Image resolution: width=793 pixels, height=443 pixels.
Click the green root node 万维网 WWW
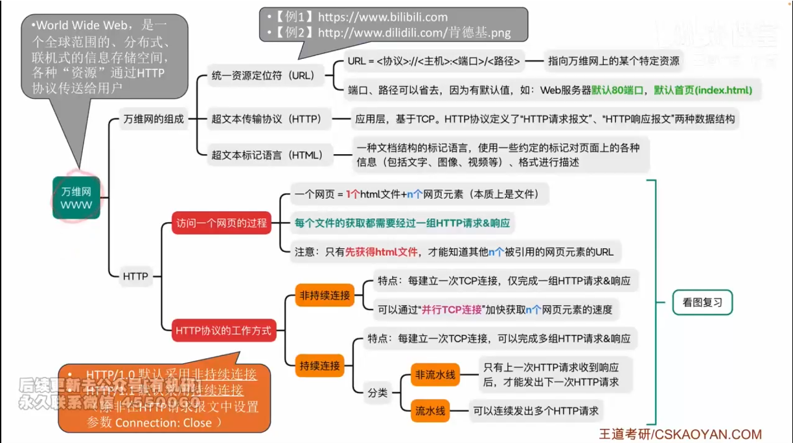[x=76, y=198]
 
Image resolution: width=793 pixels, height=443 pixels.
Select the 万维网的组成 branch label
[x=154, y=119]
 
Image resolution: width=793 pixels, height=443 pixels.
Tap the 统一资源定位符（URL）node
[x=262, y=76]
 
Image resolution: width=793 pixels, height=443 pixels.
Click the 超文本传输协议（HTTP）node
[x=266, y=119]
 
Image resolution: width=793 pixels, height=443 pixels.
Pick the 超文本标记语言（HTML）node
[x=267, y=155]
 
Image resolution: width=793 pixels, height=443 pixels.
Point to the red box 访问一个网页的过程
[x=222, y=223]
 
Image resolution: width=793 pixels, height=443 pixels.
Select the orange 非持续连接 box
[x=325, y=295]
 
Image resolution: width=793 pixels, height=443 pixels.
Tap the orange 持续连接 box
[x=319, y=365]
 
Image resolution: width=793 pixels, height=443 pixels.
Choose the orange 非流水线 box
[x=435, y=374]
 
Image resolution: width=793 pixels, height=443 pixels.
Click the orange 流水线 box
[x=430, y=410]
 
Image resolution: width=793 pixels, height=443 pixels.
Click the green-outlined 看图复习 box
[x=702, y=302]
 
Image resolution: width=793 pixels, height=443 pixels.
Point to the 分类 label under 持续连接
[x=378, y=392]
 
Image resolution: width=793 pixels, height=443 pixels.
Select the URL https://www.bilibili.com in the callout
[x=383, y=17]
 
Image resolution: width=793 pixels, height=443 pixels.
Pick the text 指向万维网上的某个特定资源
[x=613, y=61]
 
